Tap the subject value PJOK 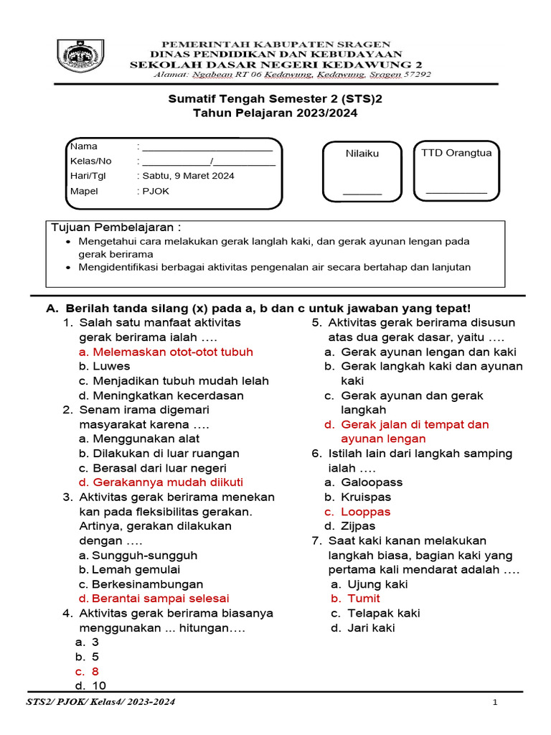pos(155,192)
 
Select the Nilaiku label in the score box pos(362,154)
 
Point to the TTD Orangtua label pos(456,153)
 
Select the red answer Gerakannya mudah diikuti pos(168,482)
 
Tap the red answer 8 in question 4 pos(95,671)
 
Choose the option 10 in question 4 pos(99,685)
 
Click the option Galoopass pos(372,482)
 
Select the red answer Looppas pos(365,512)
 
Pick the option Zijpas pos(359,526)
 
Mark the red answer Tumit pos(364,599)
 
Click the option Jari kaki pos(371,628)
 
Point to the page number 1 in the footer pos(495,703)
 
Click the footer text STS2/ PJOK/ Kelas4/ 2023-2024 pos(100,702)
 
